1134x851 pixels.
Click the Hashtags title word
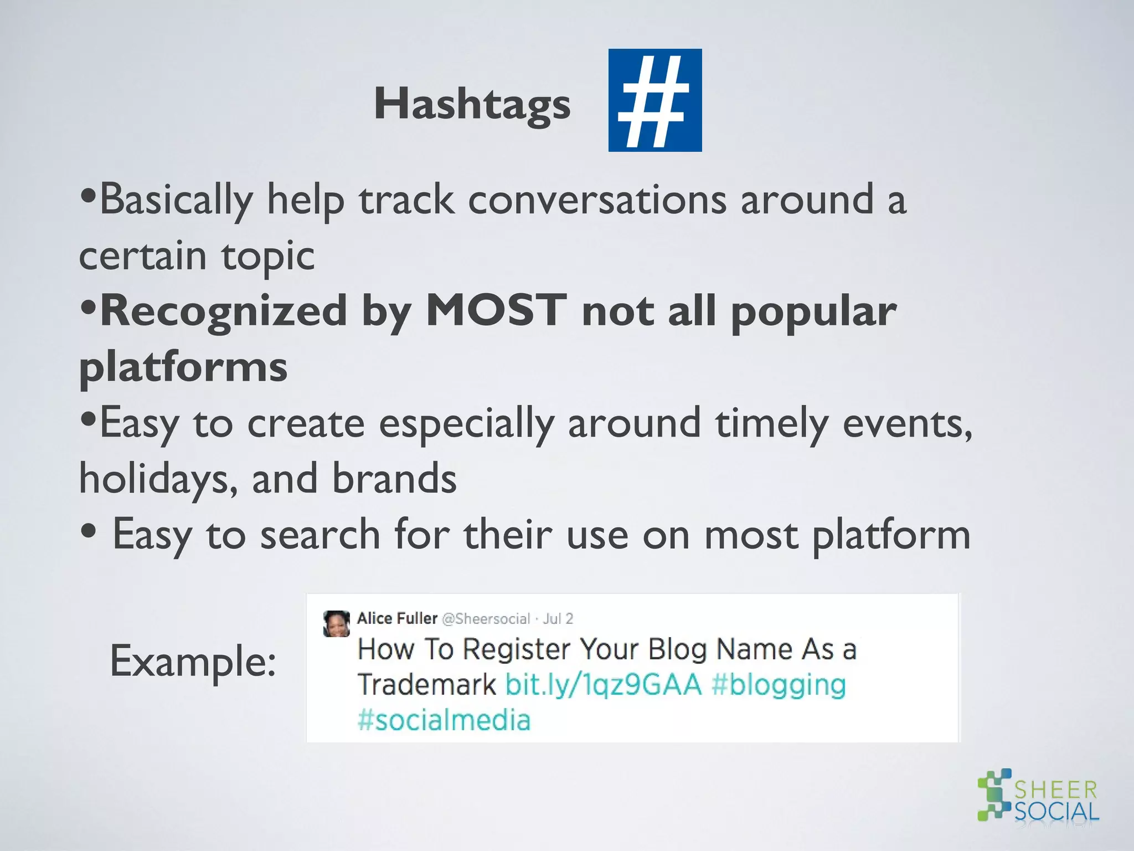click(x=472, y=104)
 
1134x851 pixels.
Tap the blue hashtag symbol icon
click(x=654, y=100)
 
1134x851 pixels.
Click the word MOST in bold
click(x=497, y=311)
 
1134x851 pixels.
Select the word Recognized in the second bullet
click(x=224, y=311)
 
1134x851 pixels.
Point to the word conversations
click(x=597, y=199)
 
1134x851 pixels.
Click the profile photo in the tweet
click(x=337, y=623)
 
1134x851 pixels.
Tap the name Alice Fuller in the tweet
click(x=397, y=618)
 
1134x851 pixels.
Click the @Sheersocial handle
click(x=486, y=619)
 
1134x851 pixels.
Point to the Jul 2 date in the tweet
click(x=558, y=619)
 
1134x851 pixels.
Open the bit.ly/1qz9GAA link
click(x=604, y=685)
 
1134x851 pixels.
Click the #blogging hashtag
click(x=779, y=685)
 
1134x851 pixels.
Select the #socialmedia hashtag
click(x=444, y=720)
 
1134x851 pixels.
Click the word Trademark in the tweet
click(x=426, y=685)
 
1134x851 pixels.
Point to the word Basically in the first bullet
click(x=176, y=199)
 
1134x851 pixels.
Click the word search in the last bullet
click(x=320, y=535)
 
